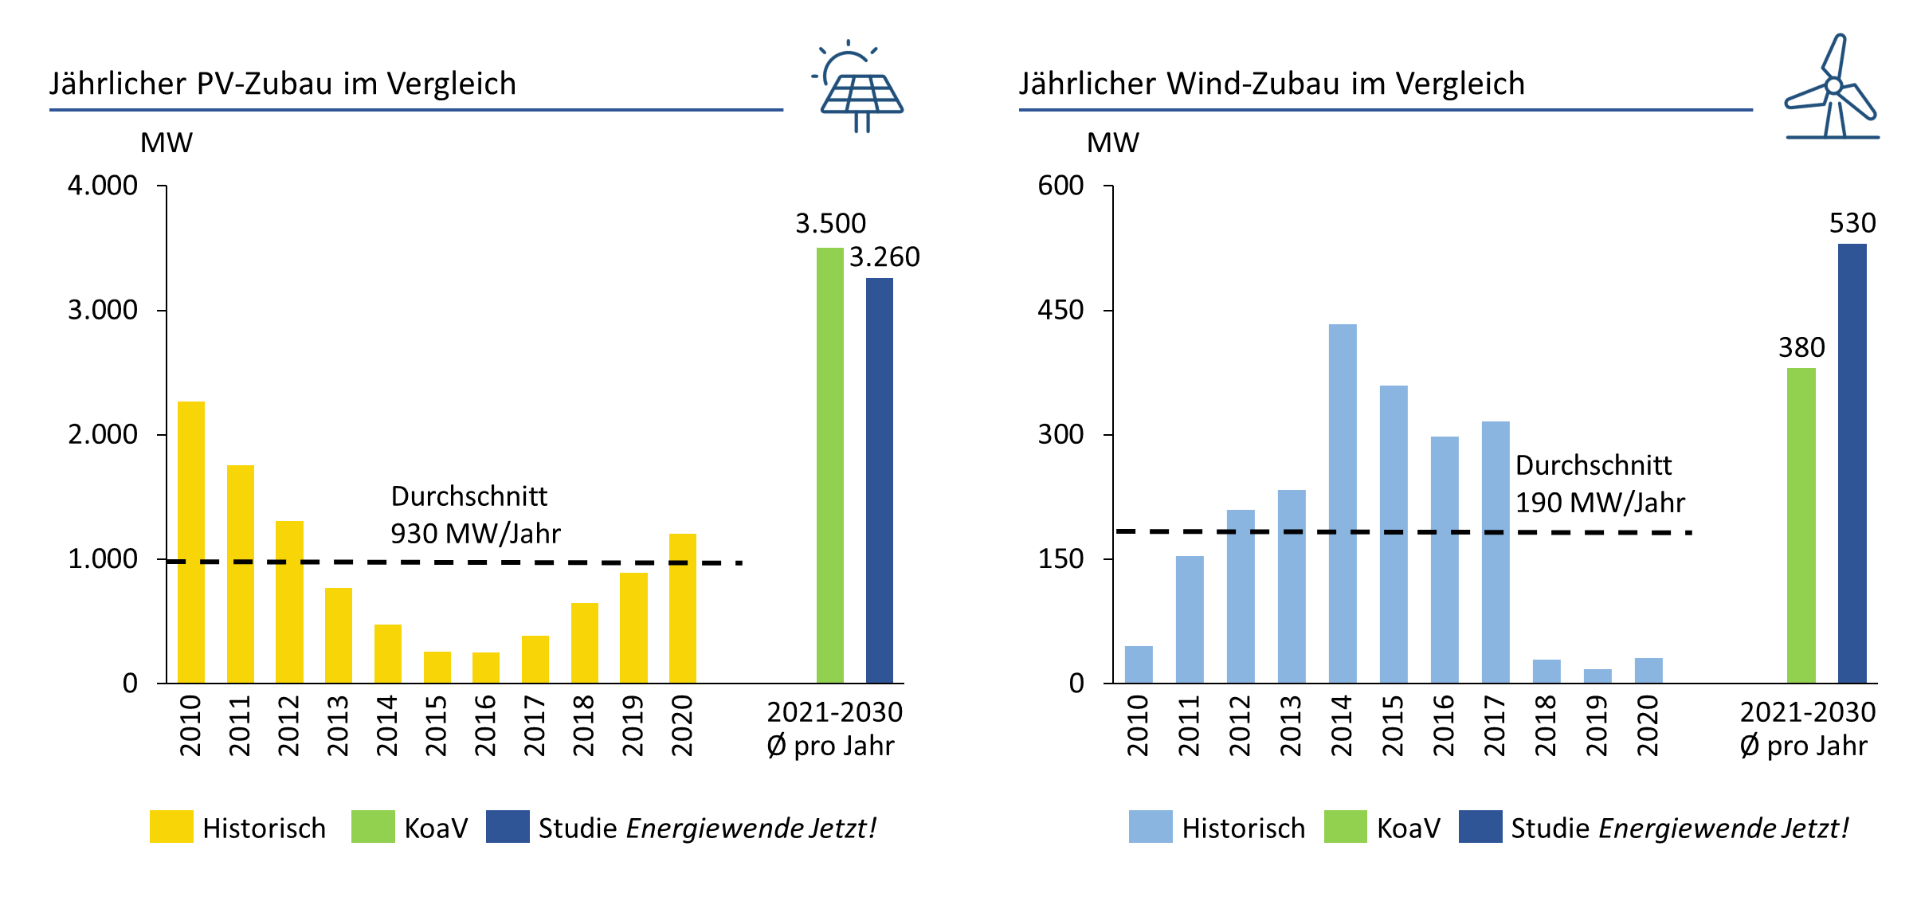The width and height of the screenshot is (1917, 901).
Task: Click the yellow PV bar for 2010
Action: (x=191, y=542)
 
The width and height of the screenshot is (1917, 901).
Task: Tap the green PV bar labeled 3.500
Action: (x=829, y=465)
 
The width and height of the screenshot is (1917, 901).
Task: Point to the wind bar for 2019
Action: (x=1597, y=676)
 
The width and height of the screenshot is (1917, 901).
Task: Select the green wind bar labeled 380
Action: (x=1801, y=525)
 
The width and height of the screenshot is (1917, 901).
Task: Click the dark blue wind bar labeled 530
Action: (x=1852, y=463)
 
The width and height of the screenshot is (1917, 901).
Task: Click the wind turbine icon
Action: (x=1832, y=88)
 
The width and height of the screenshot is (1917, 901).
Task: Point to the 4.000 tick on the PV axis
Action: (x=103, y=186)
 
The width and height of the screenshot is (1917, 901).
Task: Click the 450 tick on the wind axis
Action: (x=1060, y=310)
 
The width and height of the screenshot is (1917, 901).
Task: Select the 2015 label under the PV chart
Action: (x=437, y=725)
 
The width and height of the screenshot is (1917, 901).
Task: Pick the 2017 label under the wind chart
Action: (x=1496, y=725)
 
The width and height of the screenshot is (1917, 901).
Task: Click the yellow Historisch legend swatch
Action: (x=171, y=826)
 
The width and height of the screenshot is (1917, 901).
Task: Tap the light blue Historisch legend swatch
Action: (x=1151, y=826)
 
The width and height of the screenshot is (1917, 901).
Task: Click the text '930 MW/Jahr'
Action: (x=476, y=533)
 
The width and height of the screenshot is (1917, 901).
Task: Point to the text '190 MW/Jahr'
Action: (x=1600, y=503)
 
